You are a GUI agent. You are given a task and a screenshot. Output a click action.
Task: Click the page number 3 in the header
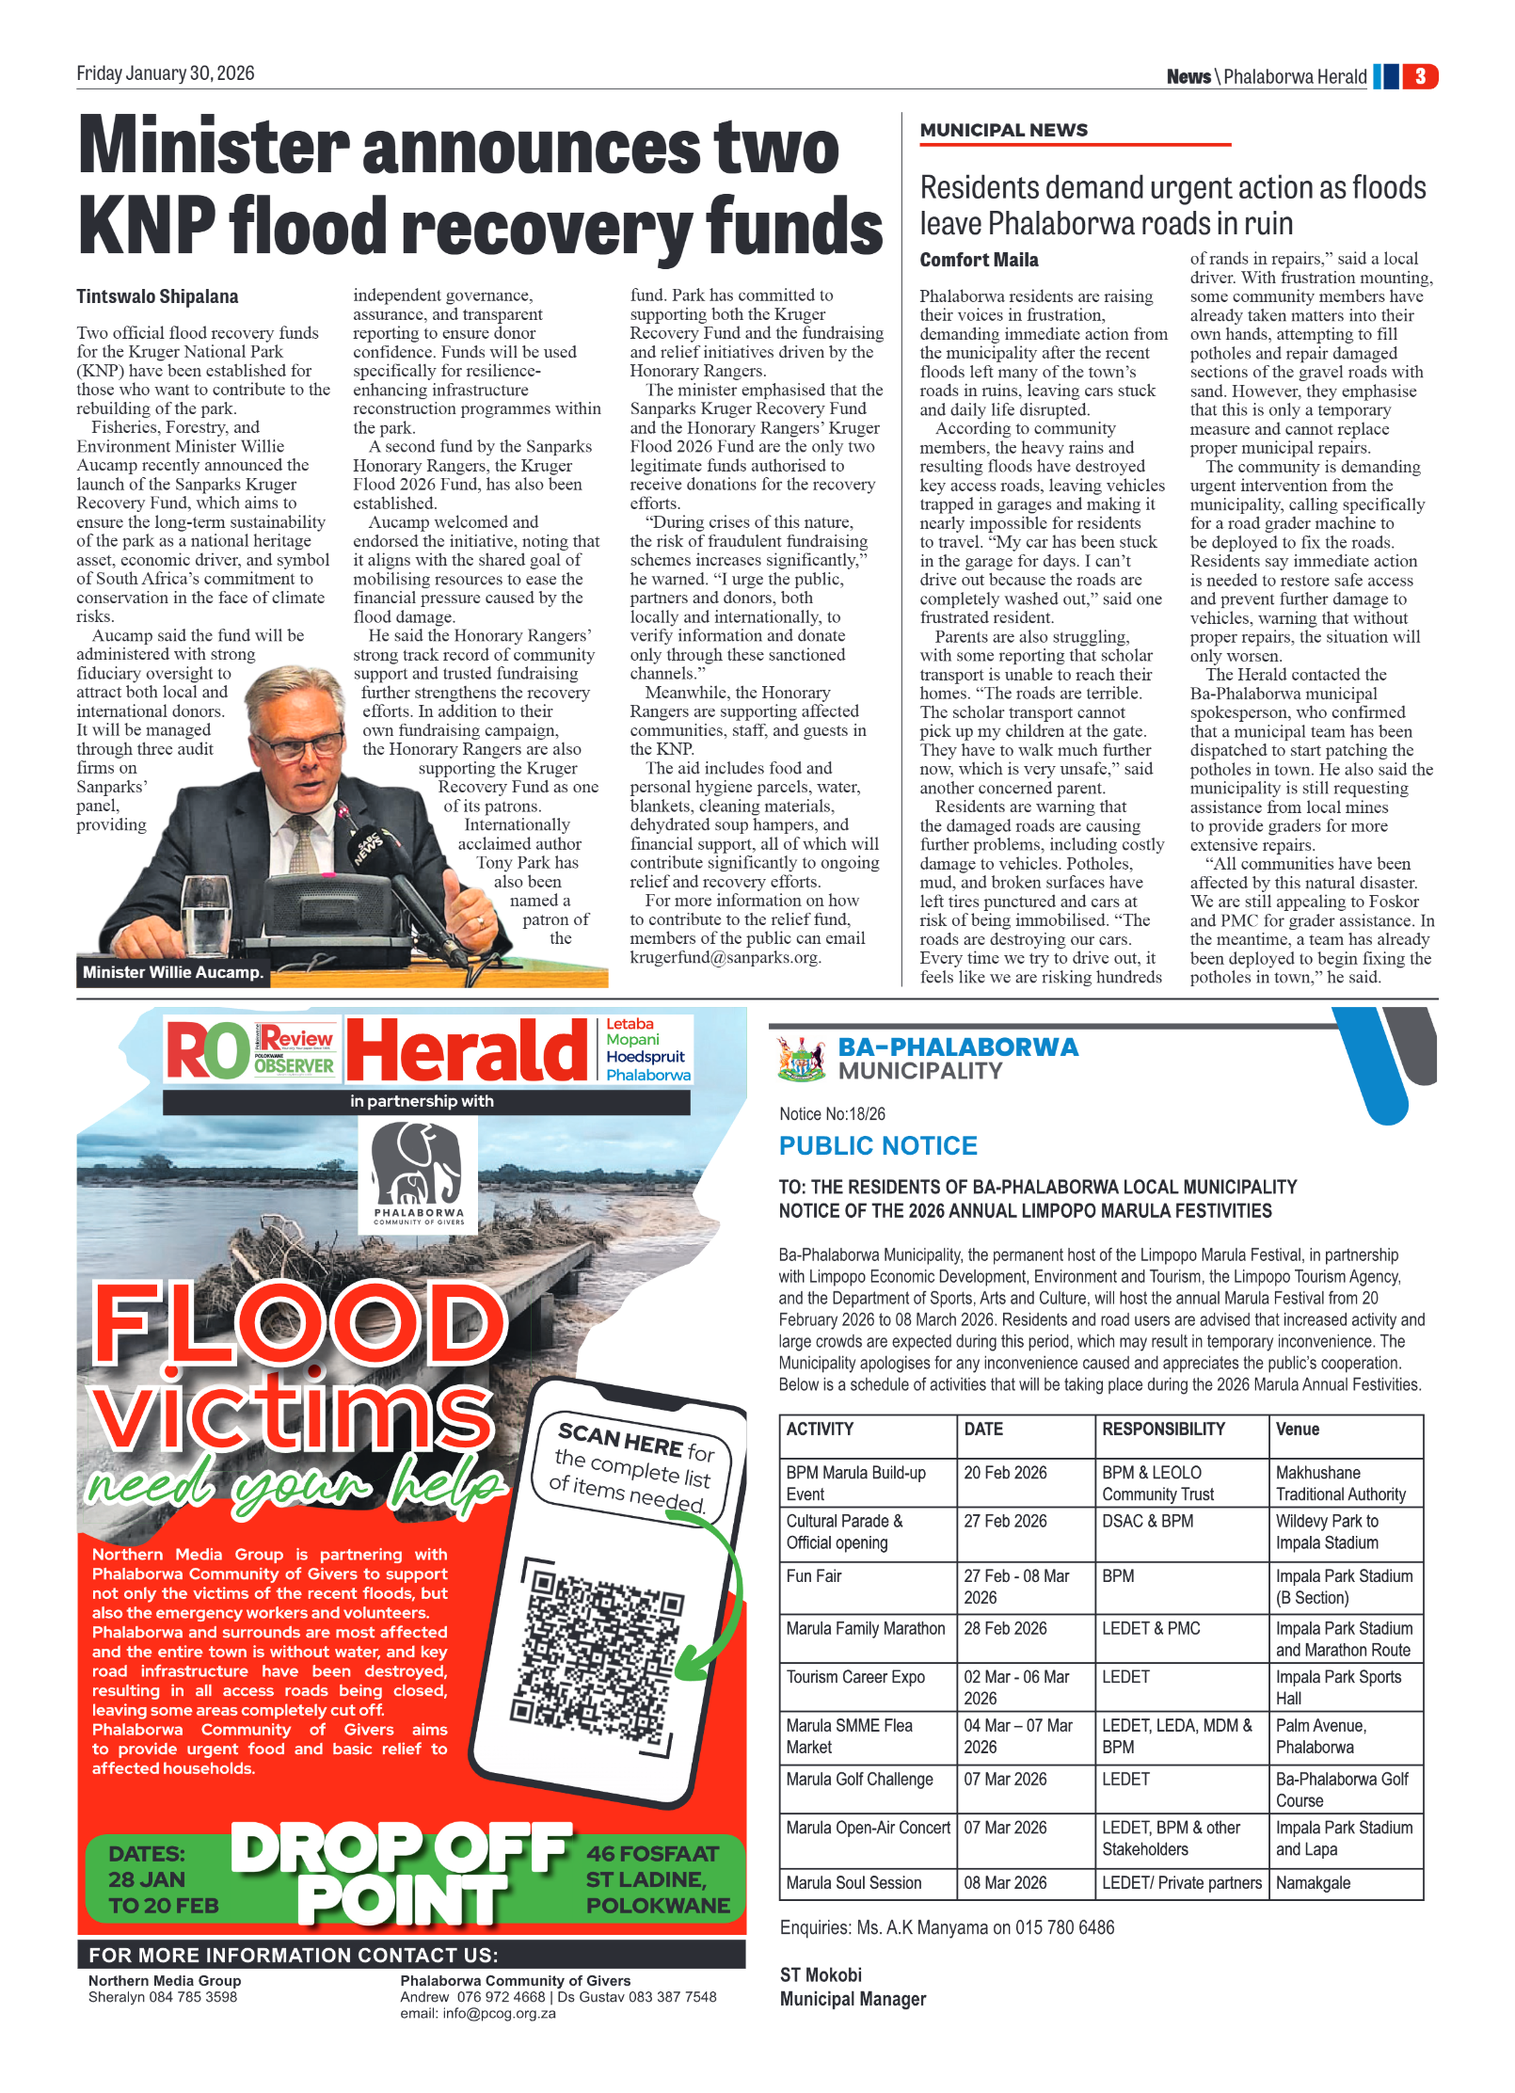tap(1419, 76)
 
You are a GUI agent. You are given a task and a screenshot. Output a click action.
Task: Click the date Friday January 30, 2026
tap(166, 73)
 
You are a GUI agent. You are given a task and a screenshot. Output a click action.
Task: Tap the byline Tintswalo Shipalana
tap(157, 297)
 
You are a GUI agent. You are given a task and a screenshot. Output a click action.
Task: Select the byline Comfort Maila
tap(979, 260)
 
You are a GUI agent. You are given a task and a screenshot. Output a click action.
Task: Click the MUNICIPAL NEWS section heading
tap(1003, 131)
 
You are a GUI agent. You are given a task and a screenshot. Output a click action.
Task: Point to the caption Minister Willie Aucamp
tap(172, 972)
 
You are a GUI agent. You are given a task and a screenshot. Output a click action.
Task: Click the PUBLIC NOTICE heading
tap(877, 1145)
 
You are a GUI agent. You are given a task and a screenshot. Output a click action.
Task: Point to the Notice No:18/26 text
tap(832, 1114)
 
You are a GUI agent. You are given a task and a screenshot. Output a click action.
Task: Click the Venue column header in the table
tap(1298, 1429)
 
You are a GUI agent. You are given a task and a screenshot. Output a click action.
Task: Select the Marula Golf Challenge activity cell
tap(859, 1779)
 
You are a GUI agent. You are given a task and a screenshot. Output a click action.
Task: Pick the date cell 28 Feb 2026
tap(1005, 1628)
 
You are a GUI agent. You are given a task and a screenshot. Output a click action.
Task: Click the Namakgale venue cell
tap(1313, 1882)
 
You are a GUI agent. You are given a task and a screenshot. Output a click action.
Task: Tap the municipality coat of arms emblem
tap(801, 1058)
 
